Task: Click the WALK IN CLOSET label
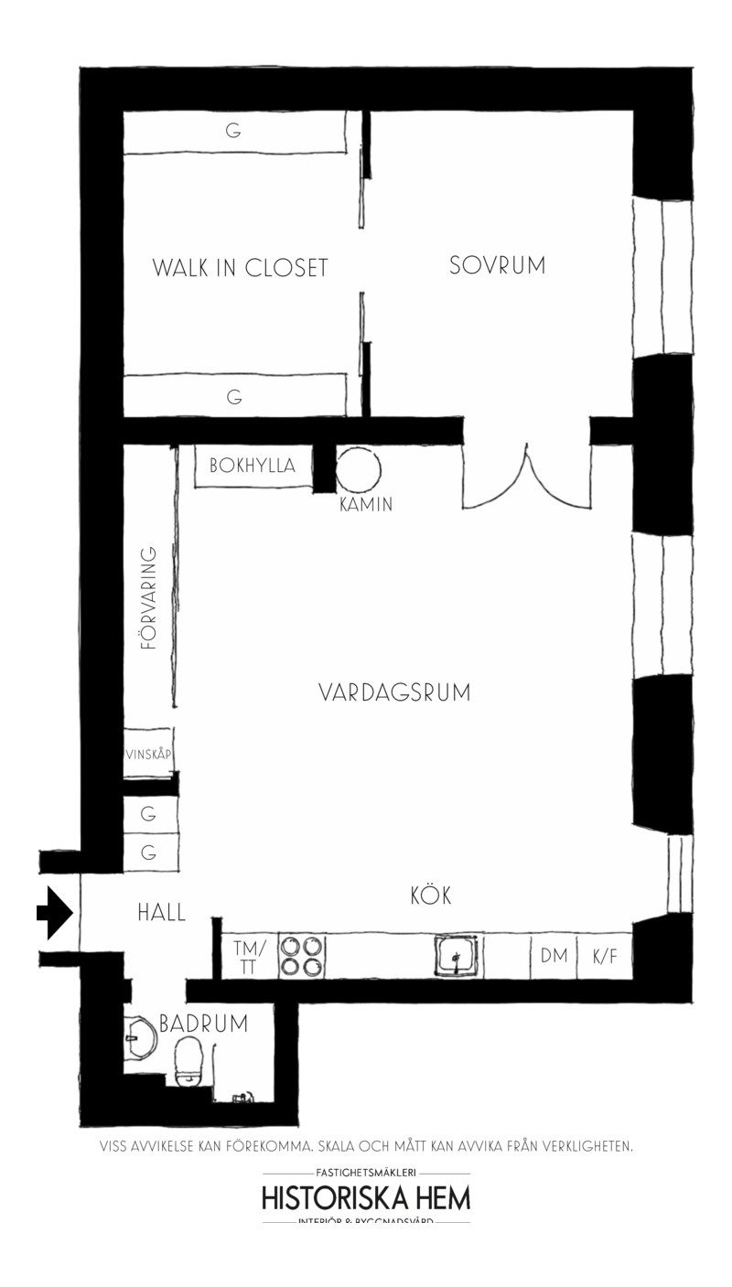tap(240, 268)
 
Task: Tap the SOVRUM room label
tap(497, 265)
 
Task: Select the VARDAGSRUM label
tap(394, 692)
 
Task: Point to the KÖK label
tap(431, 896)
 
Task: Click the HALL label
tap(161, 912)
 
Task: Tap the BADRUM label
tap(203, 1024)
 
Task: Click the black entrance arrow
tap(55, 912)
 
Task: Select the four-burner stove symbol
tap(301, 956)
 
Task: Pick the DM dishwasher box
tap(554, 957)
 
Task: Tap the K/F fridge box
tap(605, 957)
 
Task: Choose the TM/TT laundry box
tap(249, 957)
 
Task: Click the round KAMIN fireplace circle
tap(357, 470)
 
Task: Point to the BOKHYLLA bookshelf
tap(253, 466)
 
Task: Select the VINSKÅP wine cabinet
tap(149, 754)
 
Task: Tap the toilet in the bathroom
tap(190, 1061)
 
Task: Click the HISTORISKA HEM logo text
tap(366, 1198)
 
